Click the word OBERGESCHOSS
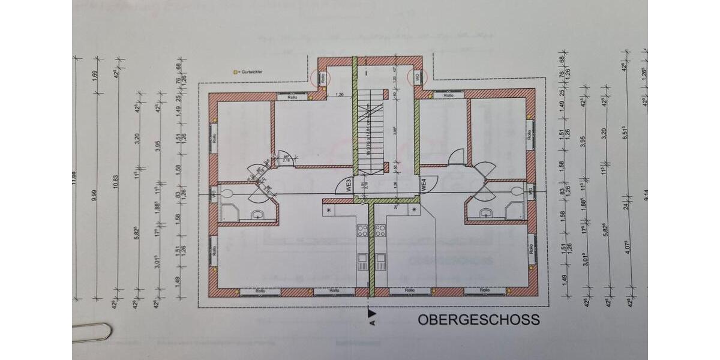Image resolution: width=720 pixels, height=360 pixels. pyautogui.click(x=478, y=320)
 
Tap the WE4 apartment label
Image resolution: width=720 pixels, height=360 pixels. pyautogui.click(x=423, y=185)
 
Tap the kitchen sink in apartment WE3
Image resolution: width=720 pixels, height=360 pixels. pyautogui.click(x=362, y=262)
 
